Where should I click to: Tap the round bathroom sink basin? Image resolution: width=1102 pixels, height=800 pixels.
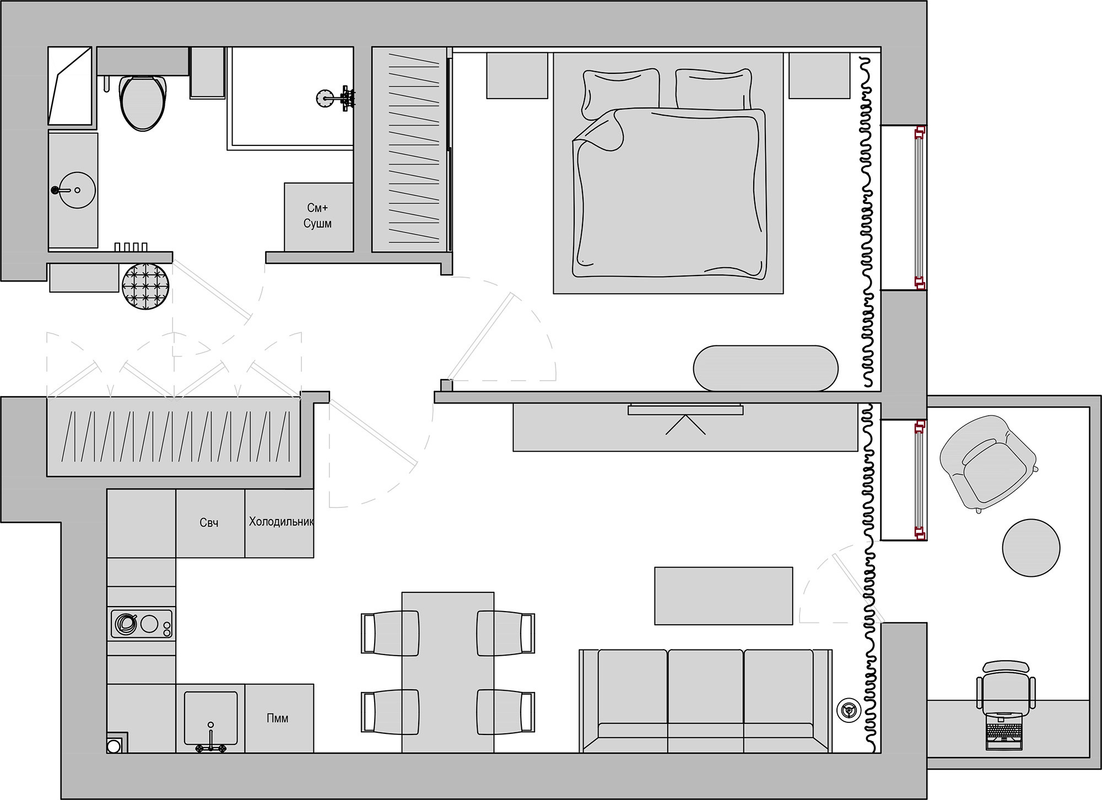coord(77,190)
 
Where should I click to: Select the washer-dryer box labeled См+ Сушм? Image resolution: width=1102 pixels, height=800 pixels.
coord(318,217)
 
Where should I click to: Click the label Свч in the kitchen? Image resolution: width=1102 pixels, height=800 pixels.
coord(209,522)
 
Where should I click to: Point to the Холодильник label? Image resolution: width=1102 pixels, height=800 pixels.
coord(281,521)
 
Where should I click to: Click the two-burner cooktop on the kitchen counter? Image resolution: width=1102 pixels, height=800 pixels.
coord(142,624)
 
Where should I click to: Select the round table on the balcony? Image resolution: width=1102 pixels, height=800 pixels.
coord(1031,548)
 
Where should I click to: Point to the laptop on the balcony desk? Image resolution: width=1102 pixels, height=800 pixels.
coord(1004,731)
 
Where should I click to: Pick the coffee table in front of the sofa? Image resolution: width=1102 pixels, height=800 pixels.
coord(723,596)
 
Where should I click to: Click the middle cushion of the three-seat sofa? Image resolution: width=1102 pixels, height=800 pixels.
coord(705,694)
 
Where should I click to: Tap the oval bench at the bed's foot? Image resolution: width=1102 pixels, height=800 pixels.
coord(765,368)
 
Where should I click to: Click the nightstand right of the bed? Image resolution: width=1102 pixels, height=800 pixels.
coord(819,75)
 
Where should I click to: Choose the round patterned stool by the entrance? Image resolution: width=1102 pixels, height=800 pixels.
coord(145,286)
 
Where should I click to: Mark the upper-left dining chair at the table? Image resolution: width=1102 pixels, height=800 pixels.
coord(390,633)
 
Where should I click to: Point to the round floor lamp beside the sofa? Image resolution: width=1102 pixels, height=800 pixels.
coord(848,710)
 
